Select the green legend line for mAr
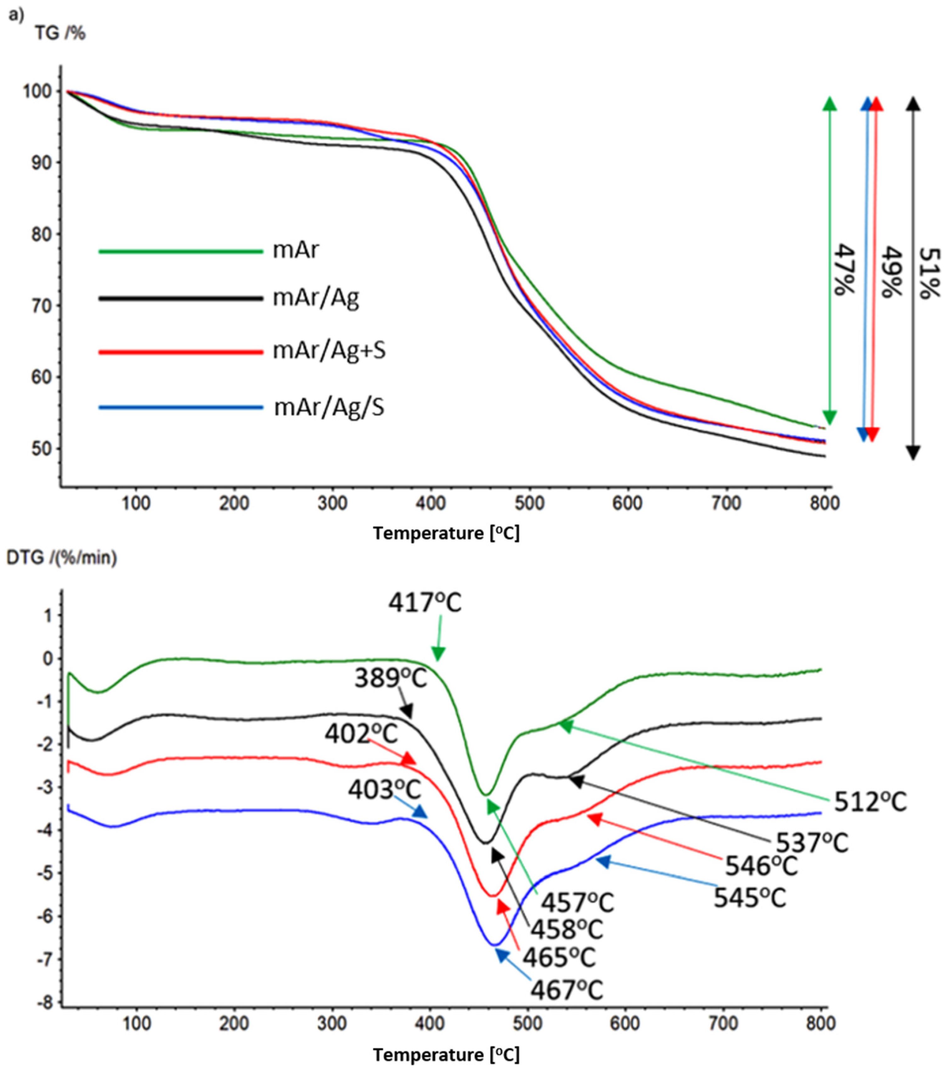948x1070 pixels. point(181,251)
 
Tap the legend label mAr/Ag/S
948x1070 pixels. point(329,407)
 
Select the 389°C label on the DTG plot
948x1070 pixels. point(391,679)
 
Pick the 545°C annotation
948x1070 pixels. point(750,898)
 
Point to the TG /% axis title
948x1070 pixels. point(60,33)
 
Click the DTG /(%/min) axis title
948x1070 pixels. point(61,558)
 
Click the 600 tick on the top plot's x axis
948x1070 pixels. point(627,504)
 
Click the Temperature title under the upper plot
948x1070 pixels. point(446,533)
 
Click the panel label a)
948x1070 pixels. point(16,16)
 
